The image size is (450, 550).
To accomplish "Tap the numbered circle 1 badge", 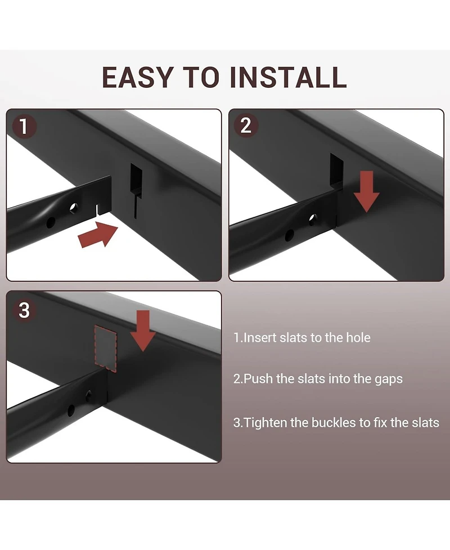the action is coord(24,126).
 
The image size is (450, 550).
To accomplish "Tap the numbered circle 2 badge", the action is coord(246,125).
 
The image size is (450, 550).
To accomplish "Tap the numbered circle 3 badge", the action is coord(24,310).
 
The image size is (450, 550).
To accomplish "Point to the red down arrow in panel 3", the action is coord(143,330).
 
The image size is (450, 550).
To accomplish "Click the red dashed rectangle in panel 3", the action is coord(106,347).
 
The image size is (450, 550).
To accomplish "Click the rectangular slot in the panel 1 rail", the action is coord(136,180).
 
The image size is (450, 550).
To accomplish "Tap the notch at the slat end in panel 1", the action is coord(97,211).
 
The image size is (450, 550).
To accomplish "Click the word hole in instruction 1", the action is coord(358,337).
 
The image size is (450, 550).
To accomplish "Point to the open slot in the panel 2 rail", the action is coord(337,170).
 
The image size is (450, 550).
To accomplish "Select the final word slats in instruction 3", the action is coord(425,422).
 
